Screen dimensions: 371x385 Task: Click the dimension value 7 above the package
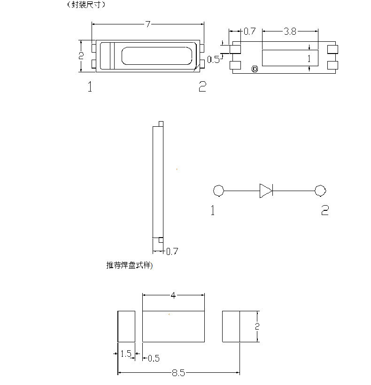[147, 24]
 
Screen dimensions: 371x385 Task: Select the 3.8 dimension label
[290, 31]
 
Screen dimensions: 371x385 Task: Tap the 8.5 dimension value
[178, 373]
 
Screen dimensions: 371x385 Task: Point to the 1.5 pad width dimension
[126, 354]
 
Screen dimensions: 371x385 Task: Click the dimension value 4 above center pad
[173, 295]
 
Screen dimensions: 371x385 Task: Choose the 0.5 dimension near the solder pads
[154, 359]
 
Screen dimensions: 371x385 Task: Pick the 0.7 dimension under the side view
[172, 252]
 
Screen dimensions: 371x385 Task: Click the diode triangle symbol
[266, 191]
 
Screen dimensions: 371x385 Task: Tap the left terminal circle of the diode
[218, 191]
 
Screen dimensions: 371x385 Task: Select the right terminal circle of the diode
[320, 191]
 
